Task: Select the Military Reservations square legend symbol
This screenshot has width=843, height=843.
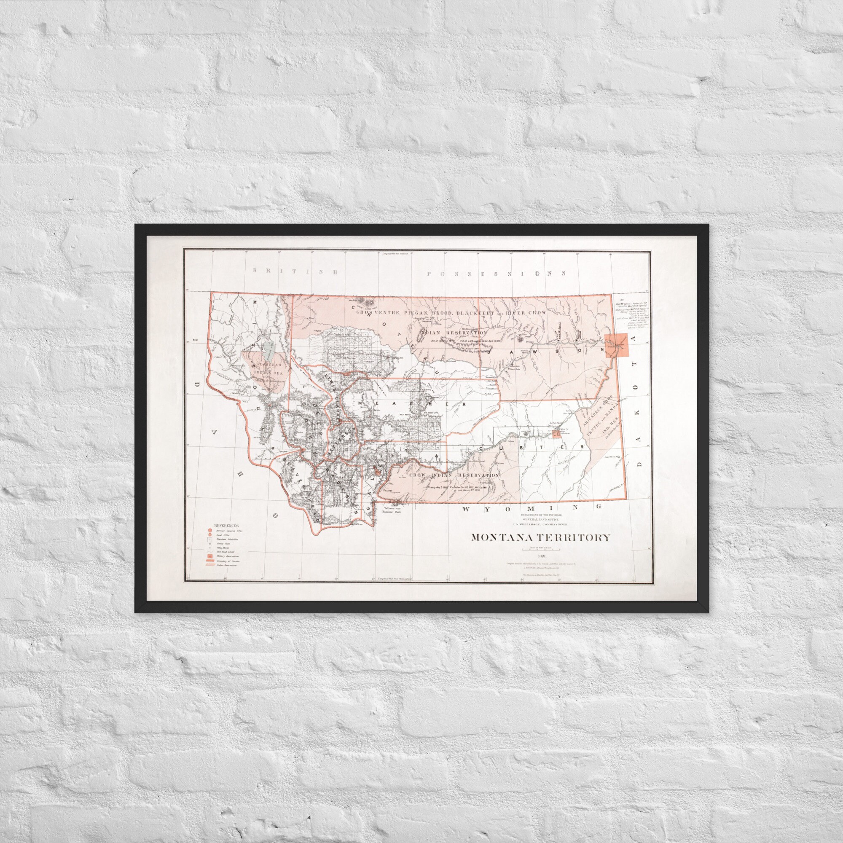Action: click(x=210, y=556)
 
